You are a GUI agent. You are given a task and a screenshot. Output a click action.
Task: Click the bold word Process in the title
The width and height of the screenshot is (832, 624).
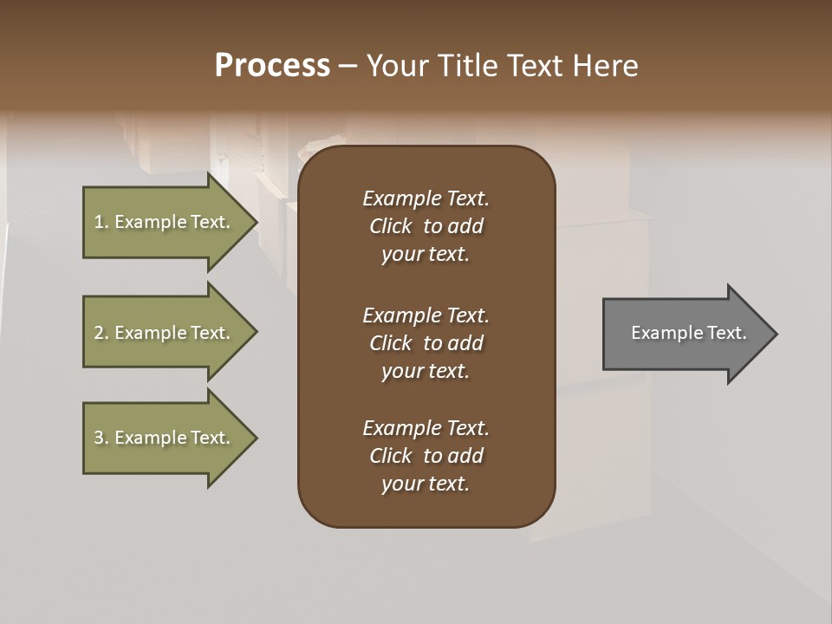point(272,66)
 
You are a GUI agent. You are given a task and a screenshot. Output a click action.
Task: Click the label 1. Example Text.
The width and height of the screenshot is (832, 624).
point(162,222)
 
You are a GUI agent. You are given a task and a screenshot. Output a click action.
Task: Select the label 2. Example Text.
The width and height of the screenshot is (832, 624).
point(162,333)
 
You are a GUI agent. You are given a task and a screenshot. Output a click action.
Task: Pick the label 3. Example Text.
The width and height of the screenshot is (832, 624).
point(162,438)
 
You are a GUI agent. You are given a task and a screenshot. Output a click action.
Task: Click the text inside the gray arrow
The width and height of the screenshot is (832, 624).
point(688,333)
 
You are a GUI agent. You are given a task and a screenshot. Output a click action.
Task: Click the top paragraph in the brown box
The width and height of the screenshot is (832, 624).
point(426,226)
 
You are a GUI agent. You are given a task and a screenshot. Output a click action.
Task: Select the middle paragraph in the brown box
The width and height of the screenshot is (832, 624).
point(426,343)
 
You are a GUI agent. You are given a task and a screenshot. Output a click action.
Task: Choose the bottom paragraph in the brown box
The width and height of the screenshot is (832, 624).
point(426,456)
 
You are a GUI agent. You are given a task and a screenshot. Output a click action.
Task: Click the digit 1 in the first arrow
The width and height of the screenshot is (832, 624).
point(98,222)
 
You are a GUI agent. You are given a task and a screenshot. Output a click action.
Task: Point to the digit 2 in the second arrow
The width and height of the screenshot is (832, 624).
point(98,333)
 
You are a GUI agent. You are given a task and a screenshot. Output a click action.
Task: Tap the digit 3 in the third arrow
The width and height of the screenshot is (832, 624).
point(98,438)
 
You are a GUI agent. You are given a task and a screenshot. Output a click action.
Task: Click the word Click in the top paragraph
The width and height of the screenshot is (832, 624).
point(390,226)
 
